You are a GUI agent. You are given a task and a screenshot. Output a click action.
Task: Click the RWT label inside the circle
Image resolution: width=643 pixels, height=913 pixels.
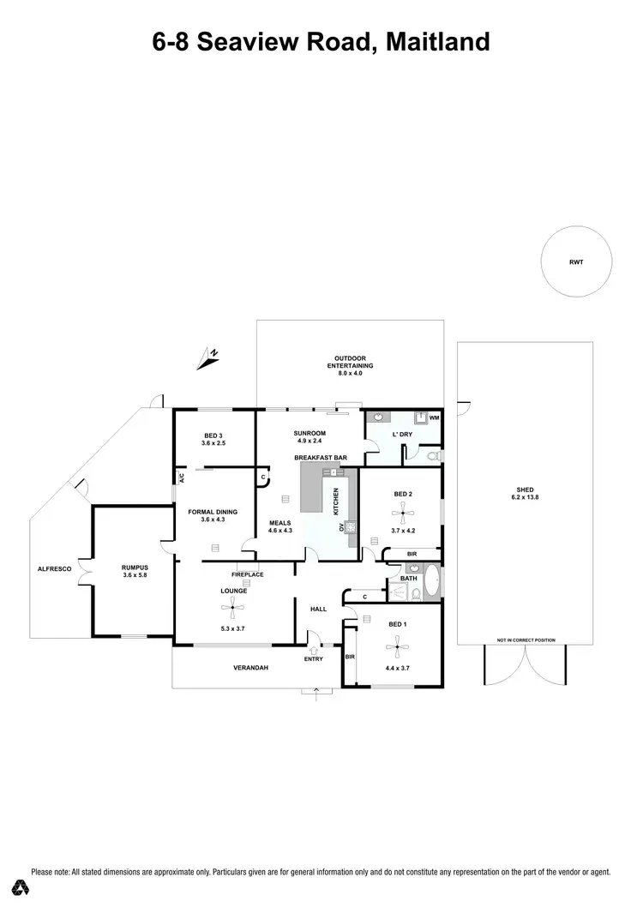575,262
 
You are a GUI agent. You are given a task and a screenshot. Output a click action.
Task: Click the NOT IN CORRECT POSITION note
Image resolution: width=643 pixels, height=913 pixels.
526,640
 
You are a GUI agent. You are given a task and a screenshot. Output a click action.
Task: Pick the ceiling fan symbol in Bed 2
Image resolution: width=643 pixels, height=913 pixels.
401,513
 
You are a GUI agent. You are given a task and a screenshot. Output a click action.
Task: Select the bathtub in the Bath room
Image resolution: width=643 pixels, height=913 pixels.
432,582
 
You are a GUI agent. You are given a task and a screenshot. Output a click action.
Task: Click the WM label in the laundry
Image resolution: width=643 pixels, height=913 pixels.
434,417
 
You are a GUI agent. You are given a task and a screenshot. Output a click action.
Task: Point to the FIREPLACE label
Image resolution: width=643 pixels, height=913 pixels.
247,574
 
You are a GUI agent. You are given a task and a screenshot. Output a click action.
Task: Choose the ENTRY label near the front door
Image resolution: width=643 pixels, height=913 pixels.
314,658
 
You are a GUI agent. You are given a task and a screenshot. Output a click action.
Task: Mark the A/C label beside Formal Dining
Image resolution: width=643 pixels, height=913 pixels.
181,478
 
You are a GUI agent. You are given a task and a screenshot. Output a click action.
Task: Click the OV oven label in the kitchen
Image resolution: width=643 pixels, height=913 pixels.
344,527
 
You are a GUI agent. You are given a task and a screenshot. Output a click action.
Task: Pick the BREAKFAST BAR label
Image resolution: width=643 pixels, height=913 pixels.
320,459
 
